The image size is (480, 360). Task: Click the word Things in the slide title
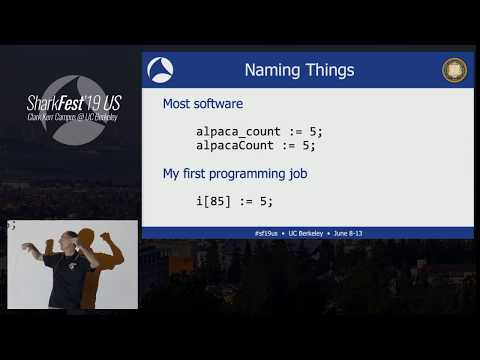329,71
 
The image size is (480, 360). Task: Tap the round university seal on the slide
454,70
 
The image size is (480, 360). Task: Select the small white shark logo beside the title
161,70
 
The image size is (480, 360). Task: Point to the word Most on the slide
178,103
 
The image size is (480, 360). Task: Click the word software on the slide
220,103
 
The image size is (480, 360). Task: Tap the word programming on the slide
252,174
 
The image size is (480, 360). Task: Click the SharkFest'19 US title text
71,101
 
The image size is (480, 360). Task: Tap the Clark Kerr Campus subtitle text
71,117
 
